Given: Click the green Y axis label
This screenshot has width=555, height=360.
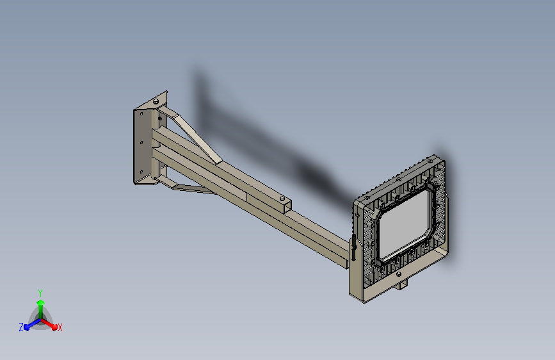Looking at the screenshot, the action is (40, 293).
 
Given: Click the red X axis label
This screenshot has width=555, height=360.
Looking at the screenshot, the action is (60, 327).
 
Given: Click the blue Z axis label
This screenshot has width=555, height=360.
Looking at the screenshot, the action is (21, 327).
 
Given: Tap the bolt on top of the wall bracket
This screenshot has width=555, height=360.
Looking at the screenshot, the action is (156, 102).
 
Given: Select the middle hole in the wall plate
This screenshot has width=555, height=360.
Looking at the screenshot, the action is (142, 143).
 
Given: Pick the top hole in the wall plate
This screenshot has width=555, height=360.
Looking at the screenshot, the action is (141, 114).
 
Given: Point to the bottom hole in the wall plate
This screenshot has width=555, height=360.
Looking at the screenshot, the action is (142, 172).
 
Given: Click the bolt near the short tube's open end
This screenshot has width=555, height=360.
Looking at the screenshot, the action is (282, 199).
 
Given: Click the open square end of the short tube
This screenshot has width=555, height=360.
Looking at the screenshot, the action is (288, 206).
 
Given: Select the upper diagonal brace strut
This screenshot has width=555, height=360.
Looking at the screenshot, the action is (191, 135).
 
